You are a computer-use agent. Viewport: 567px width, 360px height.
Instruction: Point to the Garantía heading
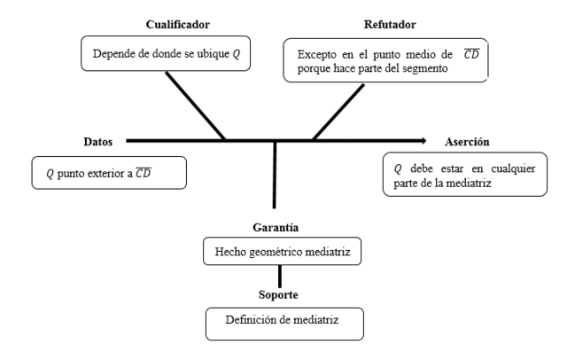pos(275,227)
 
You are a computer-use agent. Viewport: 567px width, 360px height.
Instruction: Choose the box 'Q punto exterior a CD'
pos(109,173)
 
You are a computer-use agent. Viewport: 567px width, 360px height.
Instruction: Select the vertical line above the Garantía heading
pos(275,173)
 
